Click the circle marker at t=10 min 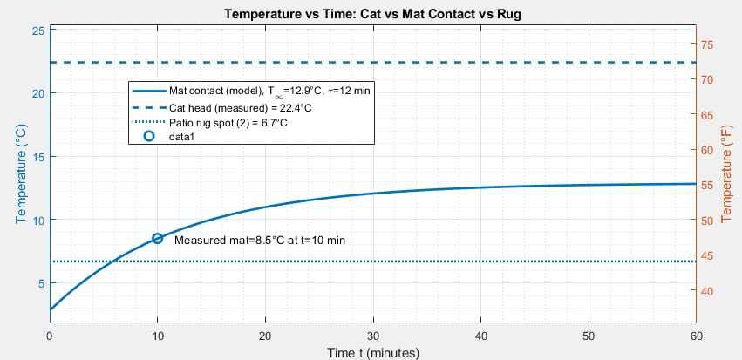[158, 239]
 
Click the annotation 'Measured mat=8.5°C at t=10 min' [260, 240]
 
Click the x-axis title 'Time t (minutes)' [373, 352]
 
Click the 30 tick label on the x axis [373, 336]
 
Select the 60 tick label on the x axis [695, 336]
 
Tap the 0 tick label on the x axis [51, 336]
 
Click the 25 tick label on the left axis [37, 31]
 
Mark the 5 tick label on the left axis [40, 283]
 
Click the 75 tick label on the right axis [708, 44]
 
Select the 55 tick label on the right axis [708, 186]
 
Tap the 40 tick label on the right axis [708, 291]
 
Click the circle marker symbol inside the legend [148, 137]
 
